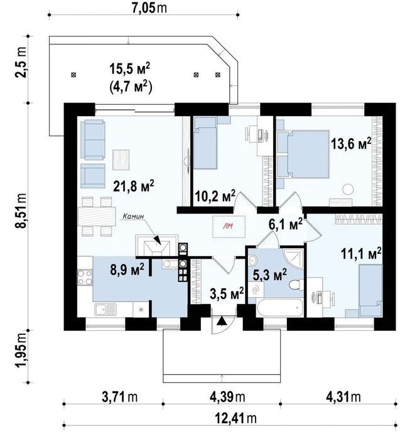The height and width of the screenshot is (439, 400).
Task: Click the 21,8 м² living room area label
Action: (x=134, y=186)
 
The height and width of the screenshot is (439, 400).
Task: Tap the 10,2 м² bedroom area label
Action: (x=215, y=196)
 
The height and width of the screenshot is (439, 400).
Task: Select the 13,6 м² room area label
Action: (x=351, y=144)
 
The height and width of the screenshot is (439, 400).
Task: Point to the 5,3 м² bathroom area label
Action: (x=269, y=275)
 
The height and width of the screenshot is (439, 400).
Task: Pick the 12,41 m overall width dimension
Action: (x=235, y=418)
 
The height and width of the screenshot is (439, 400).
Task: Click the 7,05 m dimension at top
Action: (x=150, y=8)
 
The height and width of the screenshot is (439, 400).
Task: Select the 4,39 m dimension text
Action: (x=227, y=396)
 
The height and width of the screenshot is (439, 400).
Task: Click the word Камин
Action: (x=134, y=216)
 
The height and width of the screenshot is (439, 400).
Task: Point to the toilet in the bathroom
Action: (x=295, y=285)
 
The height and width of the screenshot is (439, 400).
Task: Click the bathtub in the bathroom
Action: (x=279, y=308)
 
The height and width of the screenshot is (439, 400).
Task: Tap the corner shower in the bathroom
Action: (x=294, y=257)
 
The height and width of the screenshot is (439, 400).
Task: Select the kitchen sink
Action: (x=105, y=310)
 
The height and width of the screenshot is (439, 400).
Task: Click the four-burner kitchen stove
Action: (x=85, y=277)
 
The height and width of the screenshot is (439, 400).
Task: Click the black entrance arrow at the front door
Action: (x=222, y=321)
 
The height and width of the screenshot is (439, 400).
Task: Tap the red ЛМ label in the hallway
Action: (x=229, y=227)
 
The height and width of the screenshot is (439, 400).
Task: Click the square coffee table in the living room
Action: (x=121, y=160)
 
